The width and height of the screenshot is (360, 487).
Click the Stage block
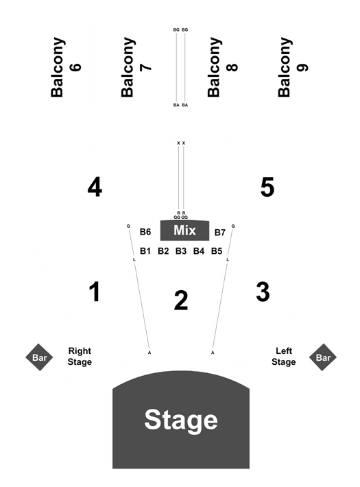pyautogui.click(x=181, y=419)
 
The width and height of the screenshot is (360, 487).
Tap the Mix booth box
pyautogui.click(x=184, y=230)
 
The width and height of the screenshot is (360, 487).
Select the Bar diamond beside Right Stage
pyautogui.click(x=39, y=357)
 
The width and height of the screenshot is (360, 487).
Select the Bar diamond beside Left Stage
pyautogui.click(x=323, y=357)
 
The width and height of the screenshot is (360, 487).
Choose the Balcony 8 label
pyautogui.click(x=222, y=67)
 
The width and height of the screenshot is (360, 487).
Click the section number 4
pyautogui.click(x=95, y=187)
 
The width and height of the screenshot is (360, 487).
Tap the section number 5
pyautogui.click(x=267, y=187)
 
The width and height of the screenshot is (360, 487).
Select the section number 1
pyautogui.click(x=95, y=292)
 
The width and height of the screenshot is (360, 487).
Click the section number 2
pyautogui.click(x=181, y=300)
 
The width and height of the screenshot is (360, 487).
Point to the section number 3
pyautogui.click(x=263, y=292)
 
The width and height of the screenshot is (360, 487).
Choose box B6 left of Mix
pyautogui.click(x=145, y=232)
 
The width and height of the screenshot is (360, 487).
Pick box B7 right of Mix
pyautogui.click(x=220, y=233)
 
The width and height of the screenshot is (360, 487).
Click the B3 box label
pyautogui.click(x=181, y=250)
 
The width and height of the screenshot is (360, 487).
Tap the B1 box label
pyautogui.click(x=145, y=250)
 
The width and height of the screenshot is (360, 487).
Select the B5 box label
pyautogui.click(x=217, y=250)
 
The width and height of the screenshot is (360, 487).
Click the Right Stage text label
pyautogui.click(x=80, y=357)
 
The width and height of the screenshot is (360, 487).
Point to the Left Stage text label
pyautogui.click(x=284, y=357)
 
